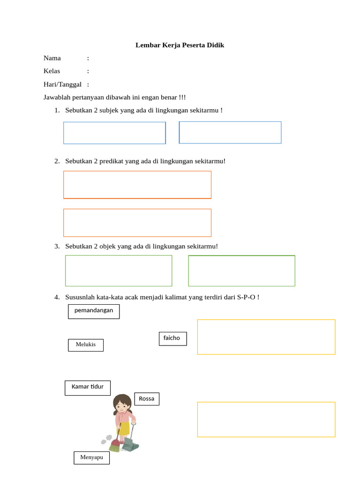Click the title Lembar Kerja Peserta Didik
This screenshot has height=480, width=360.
(x=180, y=45)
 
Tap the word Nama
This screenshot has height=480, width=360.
(x=52, y=58)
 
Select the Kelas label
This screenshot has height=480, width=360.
(x=52, y=71)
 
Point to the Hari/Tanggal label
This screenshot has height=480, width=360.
(x=62, y=84)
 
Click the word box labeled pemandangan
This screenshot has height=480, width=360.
(x=94, y=311)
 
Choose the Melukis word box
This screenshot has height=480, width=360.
(x=86, y=345)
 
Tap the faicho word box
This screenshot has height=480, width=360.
(x=172, y=338)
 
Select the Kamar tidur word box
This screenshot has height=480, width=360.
(x=88, y=388)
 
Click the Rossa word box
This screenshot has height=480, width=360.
(x=147, y=399)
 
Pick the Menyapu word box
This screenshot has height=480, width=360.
(x=91, y=457)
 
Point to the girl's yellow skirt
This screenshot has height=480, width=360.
(x=123, y=428)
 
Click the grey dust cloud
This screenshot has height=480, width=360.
(x=107, y=439)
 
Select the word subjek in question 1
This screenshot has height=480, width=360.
(x=109, y=110)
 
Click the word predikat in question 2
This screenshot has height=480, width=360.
(x=112, y=161)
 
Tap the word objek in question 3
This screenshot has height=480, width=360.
(x=109, y=246)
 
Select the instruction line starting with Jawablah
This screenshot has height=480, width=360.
(x=114, y=97)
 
